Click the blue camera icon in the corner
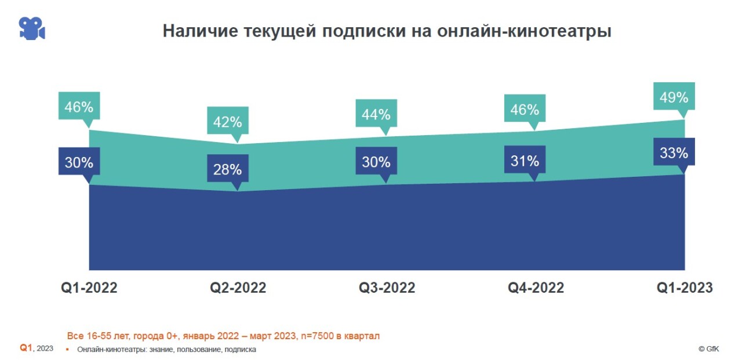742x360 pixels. coord(32,28)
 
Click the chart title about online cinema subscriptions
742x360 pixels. coord(387,31)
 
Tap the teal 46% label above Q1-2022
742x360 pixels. coord(79,107)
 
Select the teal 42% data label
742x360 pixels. coord(227,122)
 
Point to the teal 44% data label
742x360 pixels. coord(376,114)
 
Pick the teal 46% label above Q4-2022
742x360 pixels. coord(525,109)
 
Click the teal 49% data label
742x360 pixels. coord(674,97)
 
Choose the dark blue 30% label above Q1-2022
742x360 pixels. coord(79,162)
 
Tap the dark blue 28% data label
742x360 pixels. coord(227,170)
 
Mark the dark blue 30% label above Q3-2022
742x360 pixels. coord(376,162)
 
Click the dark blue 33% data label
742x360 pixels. coord(674,152)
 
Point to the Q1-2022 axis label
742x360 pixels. coord(89,288)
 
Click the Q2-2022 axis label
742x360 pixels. coord(238,288)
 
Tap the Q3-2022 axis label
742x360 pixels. coord(387,288)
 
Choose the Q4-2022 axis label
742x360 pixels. coord(536,288)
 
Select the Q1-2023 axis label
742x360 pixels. coord(684,288)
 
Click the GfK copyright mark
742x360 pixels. coord(709,349)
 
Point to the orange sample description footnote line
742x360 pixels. coord(223,336)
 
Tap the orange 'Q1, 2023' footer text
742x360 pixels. coord(37,348)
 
